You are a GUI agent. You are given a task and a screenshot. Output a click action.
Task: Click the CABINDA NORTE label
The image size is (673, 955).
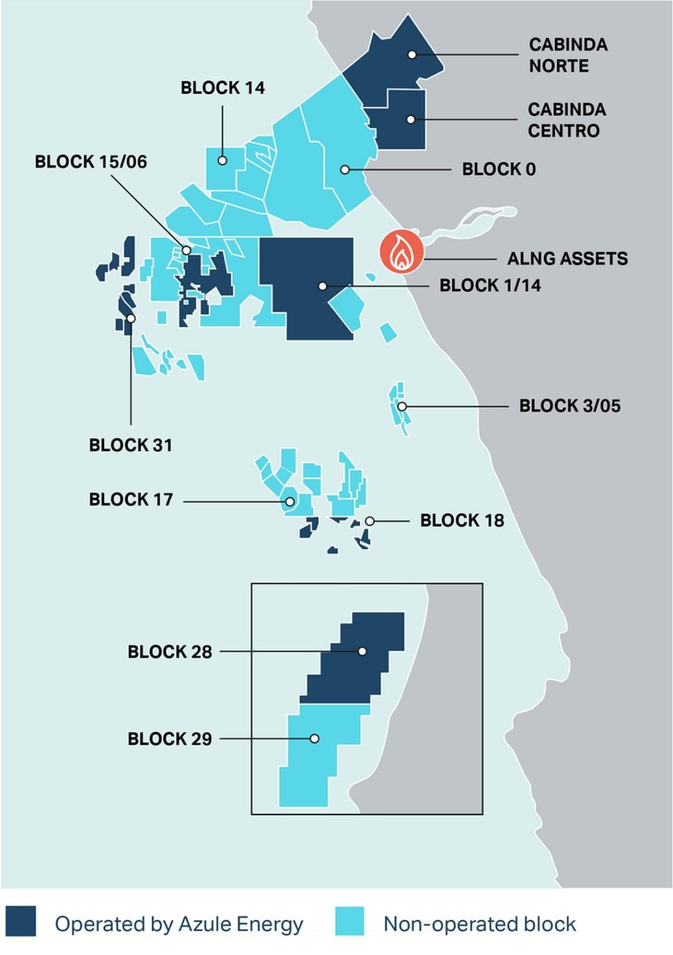point(568,55)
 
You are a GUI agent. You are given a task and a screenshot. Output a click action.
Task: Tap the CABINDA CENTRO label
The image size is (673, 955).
point(566,120)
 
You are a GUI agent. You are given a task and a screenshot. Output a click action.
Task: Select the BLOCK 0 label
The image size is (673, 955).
point(498,169)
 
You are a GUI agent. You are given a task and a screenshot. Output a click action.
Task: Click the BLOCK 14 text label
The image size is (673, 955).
point(223,88)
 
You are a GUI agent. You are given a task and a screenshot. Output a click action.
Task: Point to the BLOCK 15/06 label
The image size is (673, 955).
point(91,162)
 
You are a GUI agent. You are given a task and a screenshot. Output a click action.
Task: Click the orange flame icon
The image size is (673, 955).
point(402,252)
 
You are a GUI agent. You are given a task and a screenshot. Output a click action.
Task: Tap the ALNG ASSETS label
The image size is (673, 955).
point(567,259)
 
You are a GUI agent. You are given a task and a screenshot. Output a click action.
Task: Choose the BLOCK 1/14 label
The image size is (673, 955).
point(490,286)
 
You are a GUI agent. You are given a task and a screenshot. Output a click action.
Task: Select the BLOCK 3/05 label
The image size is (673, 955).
point(570,406)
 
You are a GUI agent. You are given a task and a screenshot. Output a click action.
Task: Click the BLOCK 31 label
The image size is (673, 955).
point(131,445)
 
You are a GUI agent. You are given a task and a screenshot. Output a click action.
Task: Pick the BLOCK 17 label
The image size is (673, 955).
point(131,500)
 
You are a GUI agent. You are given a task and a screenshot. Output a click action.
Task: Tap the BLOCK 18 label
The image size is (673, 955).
point(462,520)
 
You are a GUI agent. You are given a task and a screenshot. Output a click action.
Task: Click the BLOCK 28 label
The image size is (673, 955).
point(170,652)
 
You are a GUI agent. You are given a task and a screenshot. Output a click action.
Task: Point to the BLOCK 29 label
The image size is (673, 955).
point(170,739)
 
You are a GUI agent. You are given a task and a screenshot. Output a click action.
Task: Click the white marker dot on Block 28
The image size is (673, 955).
point(362,652)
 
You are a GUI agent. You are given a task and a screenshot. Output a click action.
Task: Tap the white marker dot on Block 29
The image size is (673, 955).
point(315,739)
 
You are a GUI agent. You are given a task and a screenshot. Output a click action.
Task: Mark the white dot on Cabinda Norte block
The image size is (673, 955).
point(412,55)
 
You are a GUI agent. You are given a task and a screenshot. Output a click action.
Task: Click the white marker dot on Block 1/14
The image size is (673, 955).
point(322,286)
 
